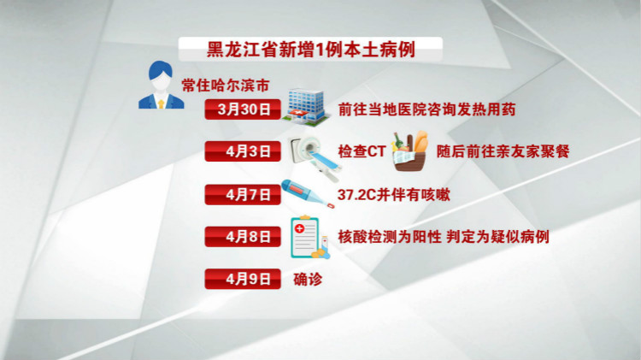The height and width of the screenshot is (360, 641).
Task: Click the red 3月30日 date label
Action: tap(243, 109)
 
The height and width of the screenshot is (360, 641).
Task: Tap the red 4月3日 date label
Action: tap(243, 151)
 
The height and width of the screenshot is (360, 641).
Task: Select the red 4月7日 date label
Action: tap(243, 194)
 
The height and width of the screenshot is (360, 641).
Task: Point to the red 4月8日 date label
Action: tap(243, 237)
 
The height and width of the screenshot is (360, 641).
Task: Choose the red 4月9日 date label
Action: tap(243, 279)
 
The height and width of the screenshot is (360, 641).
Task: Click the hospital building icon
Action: tap(307, 107)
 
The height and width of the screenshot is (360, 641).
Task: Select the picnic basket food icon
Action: tap(410, 151)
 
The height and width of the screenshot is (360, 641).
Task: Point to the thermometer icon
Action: tap(308, 194)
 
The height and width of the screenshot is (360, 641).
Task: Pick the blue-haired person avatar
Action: tap(161, 86)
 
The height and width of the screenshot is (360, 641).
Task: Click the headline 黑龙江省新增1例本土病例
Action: tap(311, 50)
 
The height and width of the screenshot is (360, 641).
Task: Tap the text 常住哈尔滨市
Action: tap(226, 86)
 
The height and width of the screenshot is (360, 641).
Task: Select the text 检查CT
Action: tap(362, 151)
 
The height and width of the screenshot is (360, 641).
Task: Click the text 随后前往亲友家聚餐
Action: tap(503, 151)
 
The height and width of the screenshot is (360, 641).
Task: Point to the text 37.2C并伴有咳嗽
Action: tap(394, 194)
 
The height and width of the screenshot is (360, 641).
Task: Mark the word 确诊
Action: tap(308, 280)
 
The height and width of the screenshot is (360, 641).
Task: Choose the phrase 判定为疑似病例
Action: tap(497, 237)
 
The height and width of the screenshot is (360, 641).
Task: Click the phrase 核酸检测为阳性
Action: tap(390, 237)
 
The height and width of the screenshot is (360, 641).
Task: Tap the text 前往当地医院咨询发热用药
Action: tap(426, 109)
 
